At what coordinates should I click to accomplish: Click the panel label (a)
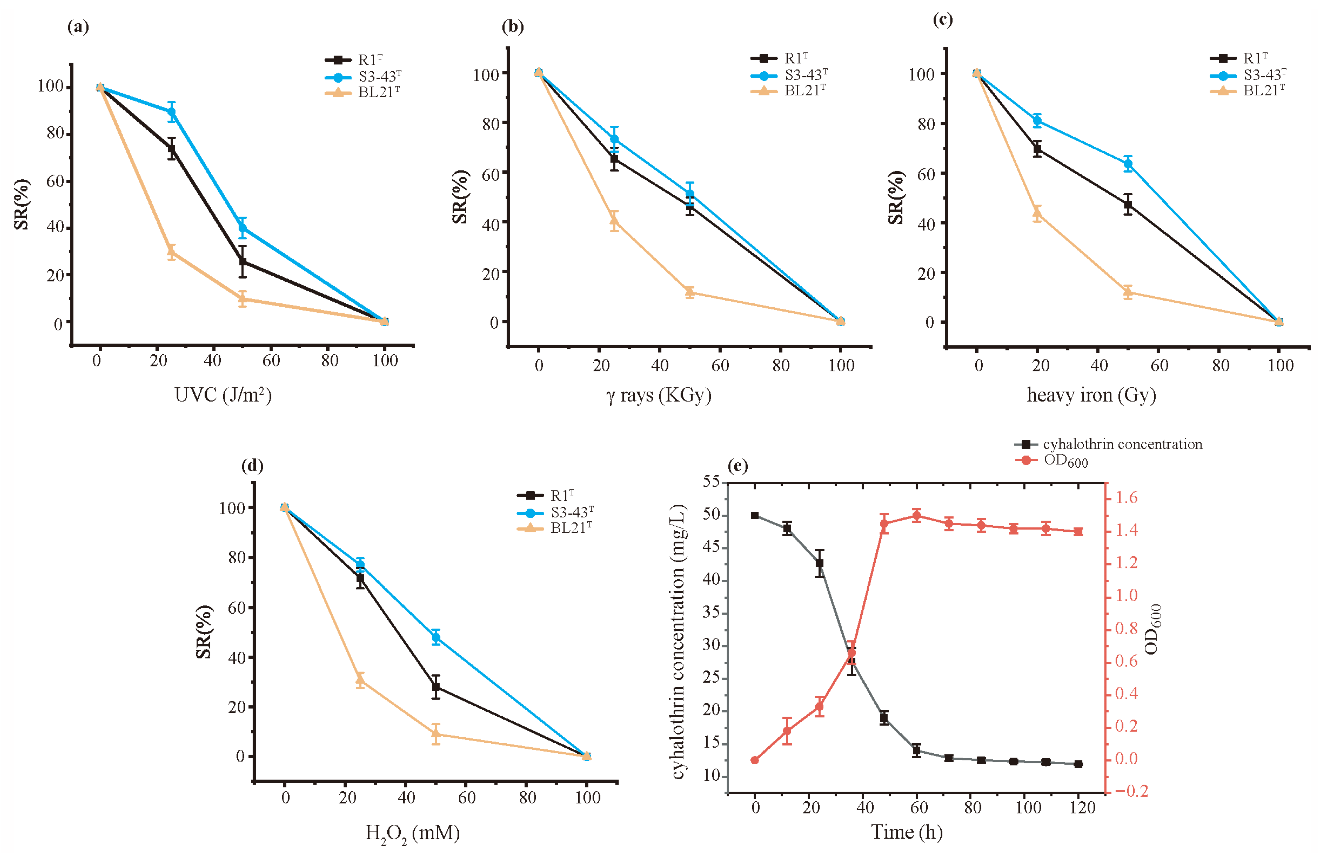pos(78,27)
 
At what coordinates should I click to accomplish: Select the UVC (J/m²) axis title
pos(223,395)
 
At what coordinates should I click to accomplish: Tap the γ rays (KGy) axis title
pos(658,395)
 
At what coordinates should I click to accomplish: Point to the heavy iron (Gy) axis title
pos(1091,395)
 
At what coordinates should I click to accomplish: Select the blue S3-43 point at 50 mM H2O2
pos(436,637)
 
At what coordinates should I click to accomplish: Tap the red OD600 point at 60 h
pos(916,516)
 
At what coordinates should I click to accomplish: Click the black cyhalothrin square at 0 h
pos(755,515)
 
